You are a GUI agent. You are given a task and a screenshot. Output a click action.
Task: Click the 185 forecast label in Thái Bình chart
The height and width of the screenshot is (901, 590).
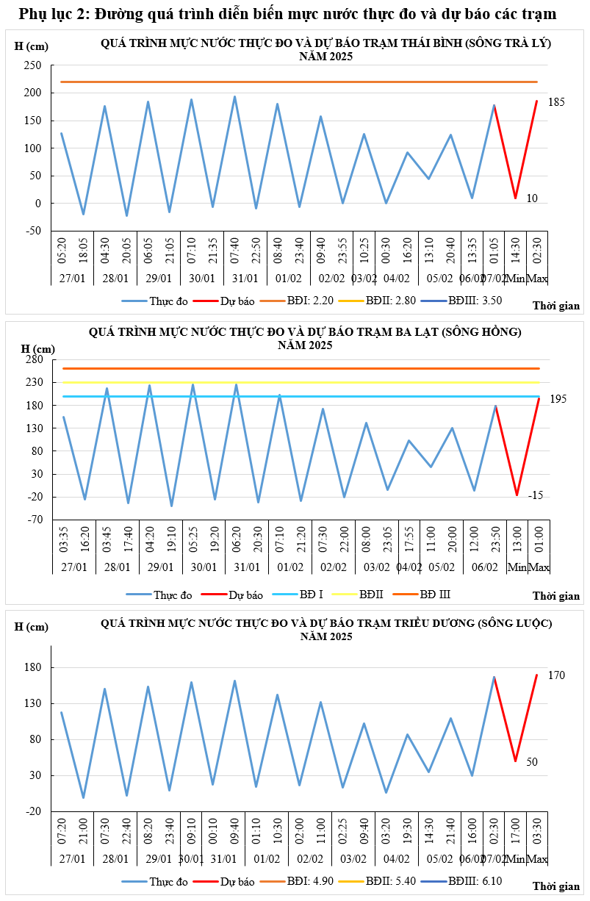[x=556, y=102]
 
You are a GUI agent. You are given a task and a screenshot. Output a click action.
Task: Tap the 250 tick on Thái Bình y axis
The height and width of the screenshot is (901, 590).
[x=32, y=65]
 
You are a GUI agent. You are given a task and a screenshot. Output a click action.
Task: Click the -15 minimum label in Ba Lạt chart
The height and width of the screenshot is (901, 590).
[x=555, y=496]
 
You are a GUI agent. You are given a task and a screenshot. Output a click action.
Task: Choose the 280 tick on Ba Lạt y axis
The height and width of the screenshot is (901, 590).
[x=33, y=359]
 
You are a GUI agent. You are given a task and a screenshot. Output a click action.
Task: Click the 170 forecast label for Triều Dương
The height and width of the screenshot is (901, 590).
[x=556, y=675]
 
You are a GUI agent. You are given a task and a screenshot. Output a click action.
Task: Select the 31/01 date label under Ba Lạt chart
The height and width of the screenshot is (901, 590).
[x=247, y=567]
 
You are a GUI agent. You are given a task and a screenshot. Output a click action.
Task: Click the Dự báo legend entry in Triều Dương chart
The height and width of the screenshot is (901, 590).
[x=236, y=880]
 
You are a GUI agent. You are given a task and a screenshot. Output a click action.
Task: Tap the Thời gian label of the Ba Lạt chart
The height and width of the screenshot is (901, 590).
[x=556, y=596]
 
